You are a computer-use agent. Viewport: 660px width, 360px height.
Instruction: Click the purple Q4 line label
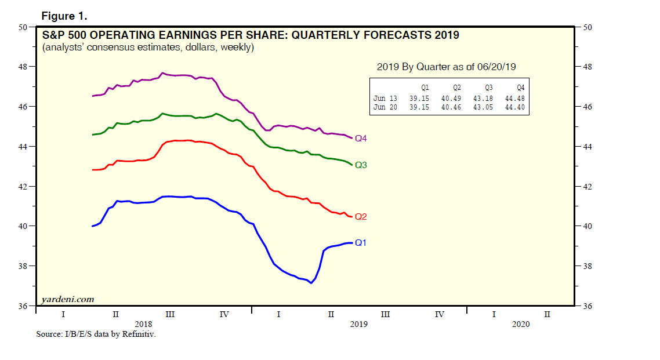pos(361,139)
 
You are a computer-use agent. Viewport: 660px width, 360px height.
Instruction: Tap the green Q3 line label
pos(361,165)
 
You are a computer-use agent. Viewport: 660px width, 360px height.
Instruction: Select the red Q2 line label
pos(361,217)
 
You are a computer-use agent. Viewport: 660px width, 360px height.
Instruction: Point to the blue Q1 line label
pos(361,243)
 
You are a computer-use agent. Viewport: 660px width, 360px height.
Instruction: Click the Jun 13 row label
pos(385,99)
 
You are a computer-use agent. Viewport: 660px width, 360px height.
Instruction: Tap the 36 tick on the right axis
pos(586,306)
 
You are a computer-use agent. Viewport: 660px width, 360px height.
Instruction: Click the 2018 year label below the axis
pos(143,323)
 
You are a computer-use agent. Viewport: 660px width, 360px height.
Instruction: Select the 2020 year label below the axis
pos(520,324)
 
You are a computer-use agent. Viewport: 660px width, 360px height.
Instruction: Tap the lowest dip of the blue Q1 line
pos(311,283)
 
